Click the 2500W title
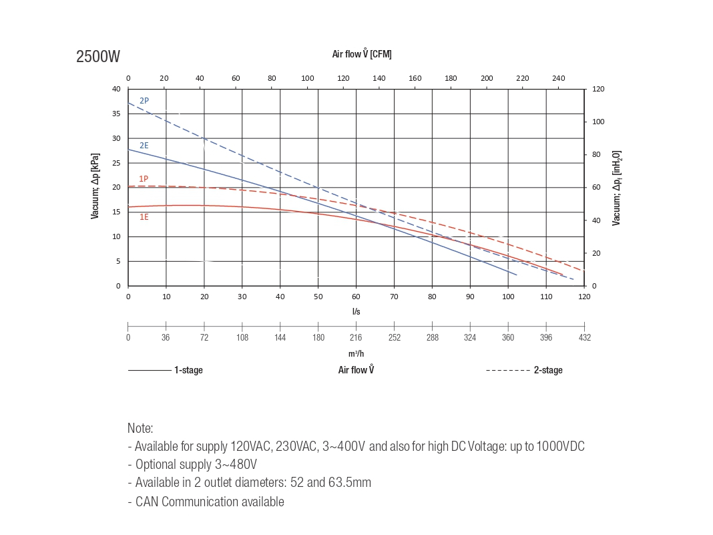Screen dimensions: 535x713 98,57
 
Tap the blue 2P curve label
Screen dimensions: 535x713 144,101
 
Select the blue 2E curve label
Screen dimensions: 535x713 144,146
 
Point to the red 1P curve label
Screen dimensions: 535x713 144,178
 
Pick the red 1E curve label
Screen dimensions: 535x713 144,217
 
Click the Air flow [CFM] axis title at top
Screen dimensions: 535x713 362,54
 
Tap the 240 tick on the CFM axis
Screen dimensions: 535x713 559,78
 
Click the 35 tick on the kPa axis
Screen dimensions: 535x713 116,114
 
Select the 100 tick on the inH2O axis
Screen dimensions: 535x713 598,122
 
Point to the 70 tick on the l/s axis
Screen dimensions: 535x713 394,297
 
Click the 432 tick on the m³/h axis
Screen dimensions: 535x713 584,337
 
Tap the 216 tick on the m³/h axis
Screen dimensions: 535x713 356,337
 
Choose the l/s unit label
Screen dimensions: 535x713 356,311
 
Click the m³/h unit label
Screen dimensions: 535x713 356,353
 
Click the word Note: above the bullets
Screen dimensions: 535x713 140,428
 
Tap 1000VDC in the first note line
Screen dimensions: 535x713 561,446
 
